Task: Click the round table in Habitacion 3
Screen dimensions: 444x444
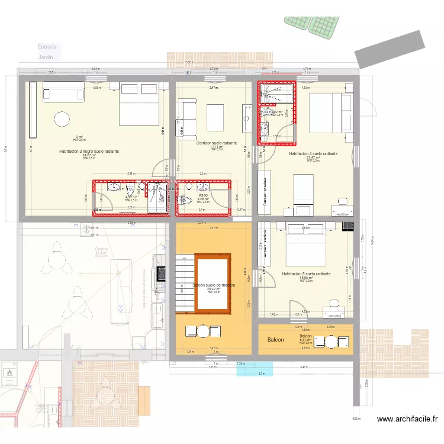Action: pos(62,120)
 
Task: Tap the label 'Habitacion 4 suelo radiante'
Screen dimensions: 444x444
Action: pos(313,153)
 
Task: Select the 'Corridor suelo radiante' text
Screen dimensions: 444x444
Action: pos(216,143)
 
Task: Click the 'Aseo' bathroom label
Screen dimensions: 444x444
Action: pos(203,195)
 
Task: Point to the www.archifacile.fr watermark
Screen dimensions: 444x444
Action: pos(407,420)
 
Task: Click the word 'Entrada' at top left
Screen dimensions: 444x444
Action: pos(47,46)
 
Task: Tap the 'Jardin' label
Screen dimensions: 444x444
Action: pos(46,57)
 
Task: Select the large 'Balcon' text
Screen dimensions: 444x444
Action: pos(275,340)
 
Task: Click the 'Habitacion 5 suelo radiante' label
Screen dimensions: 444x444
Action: pos(306,274)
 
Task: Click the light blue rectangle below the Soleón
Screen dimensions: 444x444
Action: pos(255,369)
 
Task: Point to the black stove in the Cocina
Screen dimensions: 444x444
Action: pos(159,273)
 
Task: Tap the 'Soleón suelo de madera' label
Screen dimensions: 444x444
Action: pos(214,285)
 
